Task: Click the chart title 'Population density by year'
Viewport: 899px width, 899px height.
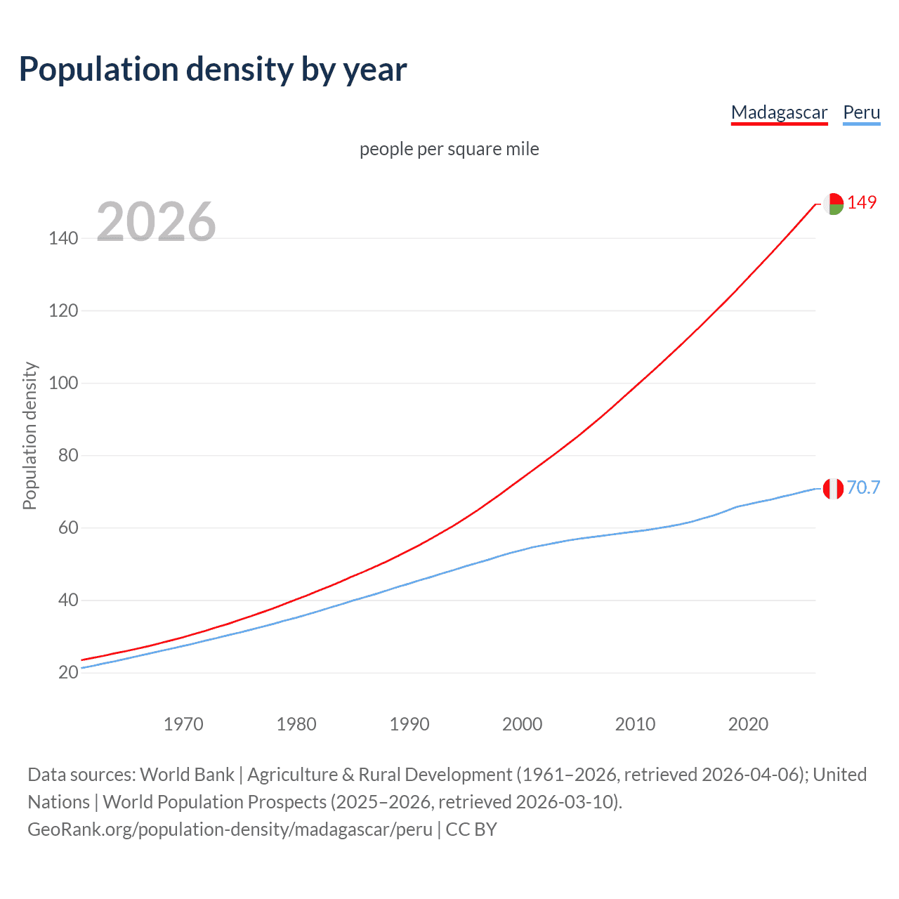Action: [213, 70]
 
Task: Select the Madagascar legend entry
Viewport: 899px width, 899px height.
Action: [779, 112]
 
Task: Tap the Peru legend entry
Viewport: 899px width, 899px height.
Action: [861, 112]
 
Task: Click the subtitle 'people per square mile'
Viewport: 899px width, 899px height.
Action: [449, 149]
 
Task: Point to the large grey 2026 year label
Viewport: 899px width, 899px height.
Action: [156, 222]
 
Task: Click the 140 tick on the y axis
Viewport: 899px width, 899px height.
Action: [63, 239]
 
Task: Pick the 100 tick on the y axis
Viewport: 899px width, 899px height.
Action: [63, 383]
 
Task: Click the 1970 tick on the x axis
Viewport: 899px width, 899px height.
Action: [183, 724]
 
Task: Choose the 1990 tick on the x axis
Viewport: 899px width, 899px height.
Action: [409, 724]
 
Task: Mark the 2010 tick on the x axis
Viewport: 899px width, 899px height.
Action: [635, 724]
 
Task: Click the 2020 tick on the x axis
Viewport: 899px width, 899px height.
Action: [748, 724]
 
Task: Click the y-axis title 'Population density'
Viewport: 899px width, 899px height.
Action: [29, 435]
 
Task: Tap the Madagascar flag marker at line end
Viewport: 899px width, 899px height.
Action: [833, 204]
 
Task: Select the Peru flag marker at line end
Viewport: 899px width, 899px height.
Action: [833, 488]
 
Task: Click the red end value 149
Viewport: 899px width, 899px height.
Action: [862, 203]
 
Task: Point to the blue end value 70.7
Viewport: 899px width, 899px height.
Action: [863, 487]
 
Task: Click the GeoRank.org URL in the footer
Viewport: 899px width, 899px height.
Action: [230, 829]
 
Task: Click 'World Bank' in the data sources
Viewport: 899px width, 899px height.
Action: [187, 775]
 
